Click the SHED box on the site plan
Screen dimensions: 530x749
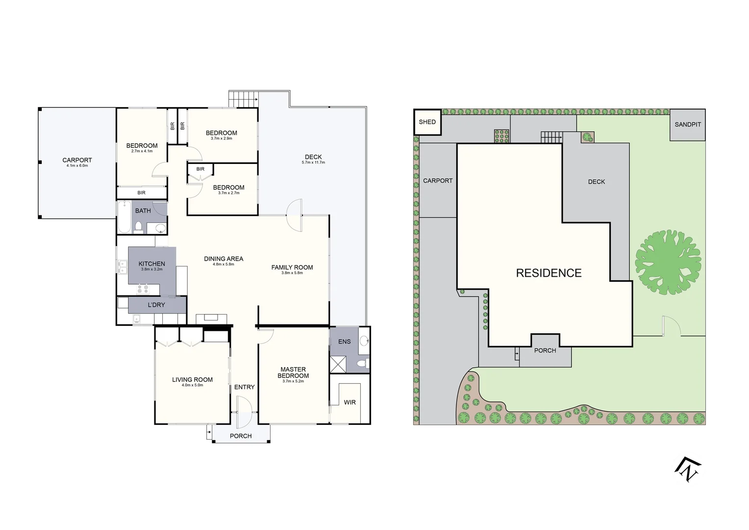(x=427, y=122)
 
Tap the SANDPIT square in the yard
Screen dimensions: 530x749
(x=687, y=125)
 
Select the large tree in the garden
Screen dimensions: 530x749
(x=668, y=262)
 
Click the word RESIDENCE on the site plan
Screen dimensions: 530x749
(x=549, y=273)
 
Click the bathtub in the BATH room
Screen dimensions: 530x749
(x=124, y=218)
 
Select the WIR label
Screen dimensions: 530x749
(x=350, y=402)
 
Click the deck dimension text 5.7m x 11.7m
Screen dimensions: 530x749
(x=313, y=162)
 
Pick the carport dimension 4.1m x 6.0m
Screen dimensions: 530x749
(x=77, y=166)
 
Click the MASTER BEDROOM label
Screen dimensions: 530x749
(x=293, y=372)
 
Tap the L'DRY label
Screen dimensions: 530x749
(x=156, y=305)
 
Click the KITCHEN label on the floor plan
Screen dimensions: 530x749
(x=151, y=264)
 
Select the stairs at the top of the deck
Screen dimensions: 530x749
(x=243, y=99)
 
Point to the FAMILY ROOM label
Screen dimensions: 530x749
(x=292, y=267)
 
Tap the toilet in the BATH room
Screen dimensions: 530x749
(x=139, y=227)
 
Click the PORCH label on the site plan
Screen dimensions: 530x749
(x=545, y=350)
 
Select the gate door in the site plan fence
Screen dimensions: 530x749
(x=669, y=326)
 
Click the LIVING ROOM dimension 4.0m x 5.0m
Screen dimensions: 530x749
(x=192, y=385)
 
